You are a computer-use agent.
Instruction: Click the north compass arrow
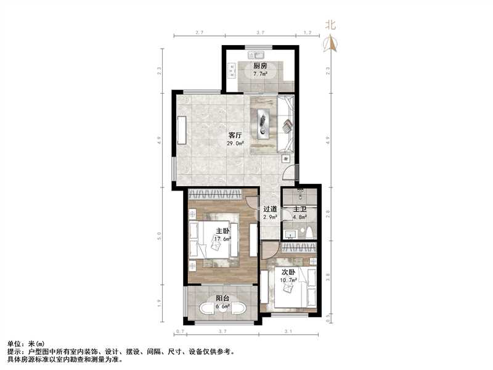(x=332, y=43)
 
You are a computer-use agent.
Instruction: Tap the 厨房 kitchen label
(x=259, y=66)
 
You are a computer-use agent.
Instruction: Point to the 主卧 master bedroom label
(x=222, y=231)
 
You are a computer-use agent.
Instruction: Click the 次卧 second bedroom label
(x=289, y=272)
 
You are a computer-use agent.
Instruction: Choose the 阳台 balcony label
(x=222, y=299)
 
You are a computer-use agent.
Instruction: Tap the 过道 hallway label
(x=270, y=209)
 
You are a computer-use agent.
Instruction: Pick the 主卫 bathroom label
(x=300, y=209)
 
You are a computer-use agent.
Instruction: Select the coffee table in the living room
(x=264, y=122)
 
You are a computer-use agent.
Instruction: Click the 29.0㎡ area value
(x=235, y=144)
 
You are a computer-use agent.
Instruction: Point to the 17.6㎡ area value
(x=223, y=239)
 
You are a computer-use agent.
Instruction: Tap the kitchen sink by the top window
(x=255, y=52)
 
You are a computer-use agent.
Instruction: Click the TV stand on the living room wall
(x=182, y=131)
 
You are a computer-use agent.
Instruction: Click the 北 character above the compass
(x=331, y=25)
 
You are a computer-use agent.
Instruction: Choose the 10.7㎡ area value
(x=289, y=279)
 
